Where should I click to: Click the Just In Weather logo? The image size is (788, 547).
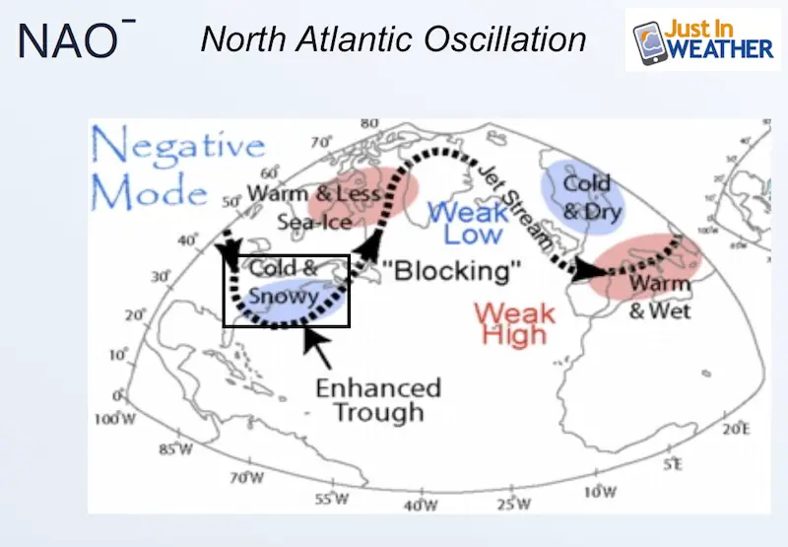pyautogui.click(x=702, y=39)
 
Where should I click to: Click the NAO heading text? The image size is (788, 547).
pyautogui.click(x=77, y=38)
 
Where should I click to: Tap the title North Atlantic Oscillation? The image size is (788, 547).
pyautogui.click(x=393, y=38)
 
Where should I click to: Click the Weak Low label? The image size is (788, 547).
pyautogui.click(x=469, y=223)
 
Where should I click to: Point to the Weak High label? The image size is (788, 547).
pyautogui.click(x=514, y=323)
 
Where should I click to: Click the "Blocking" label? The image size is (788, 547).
pyautogui.click(x=451, y=270)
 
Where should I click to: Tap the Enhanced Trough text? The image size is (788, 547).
pyautogui.click(x=378, y=400)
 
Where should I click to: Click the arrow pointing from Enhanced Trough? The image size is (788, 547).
pyautogui.click(x=317, y=348)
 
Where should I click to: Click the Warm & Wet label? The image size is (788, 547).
pyautogui.click(x=660, y=298)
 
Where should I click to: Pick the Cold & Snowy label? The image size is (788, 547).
pyautogui.click(x=284, y=282)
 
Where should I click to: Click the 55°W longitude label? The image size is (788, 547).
pyautogui.click(x=332, y=499)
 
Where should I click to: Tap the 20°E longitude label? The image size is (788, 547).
pyautogui.click(x=737, y=430)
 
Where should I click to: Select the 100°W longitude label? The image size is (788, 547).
pyautogui.click(x=115, y=419)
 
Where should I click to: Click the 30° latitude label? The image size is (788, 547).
pyautogui.click(x=162, y=277)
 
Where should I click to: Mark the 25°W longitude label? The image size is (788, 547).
pyautogui.click(x=514, y=504)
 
